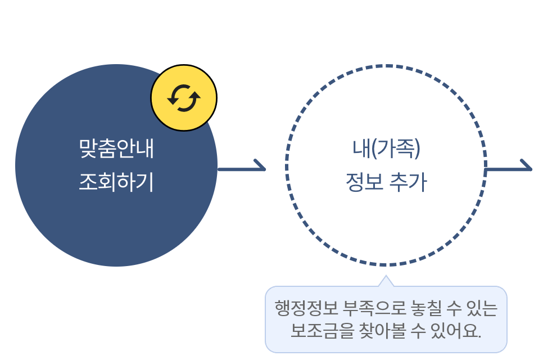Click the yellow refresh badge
[184, 98]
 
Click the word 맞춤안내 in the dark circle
[116, 148]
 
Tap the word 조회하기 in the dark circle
[116, 183]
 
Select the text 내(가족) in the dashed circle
[386, 148]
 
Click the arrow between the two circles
[242, 168]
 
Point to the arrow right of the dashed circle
[509, 168]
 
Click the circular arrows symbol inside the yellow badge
[184, 98]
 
